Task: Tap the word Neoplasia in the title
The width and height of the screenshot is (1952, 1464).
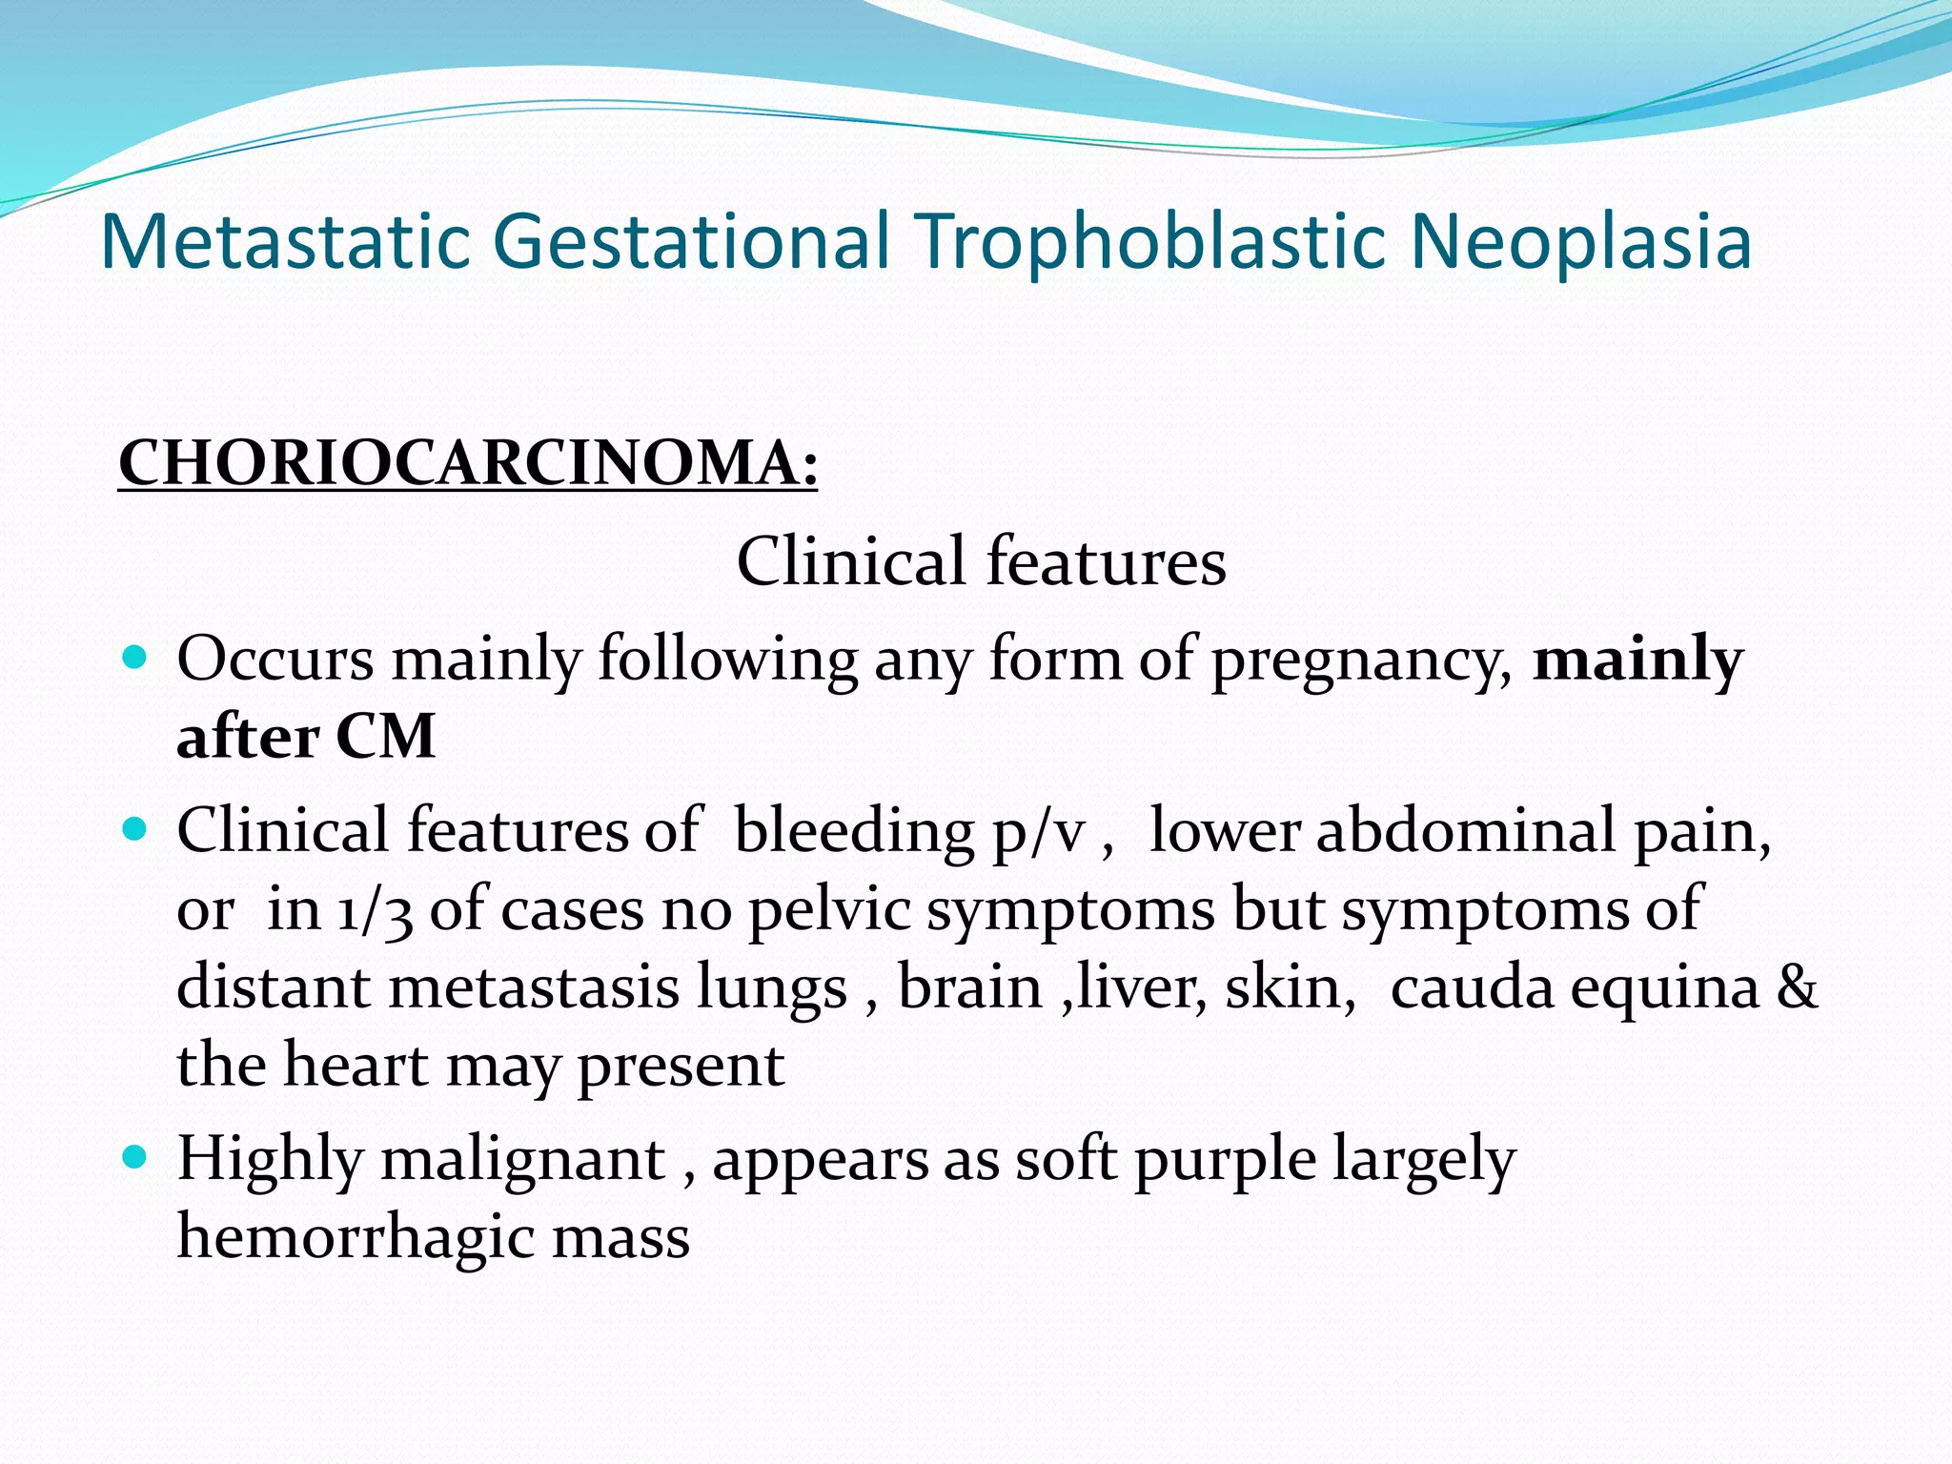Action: tap(1580, 242)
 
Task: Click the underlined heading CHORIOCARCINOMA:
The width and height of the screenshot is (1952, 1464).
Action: tap(468, 464)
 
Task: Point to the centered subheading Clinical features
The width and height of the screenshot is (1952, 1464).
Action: tap(981, 560)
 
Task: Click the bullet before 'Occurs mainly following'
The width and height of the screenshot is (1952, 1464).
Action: tap(136, 657)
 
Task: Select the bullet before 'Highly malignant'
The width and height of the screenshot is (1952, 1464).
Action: tap(136, 1157)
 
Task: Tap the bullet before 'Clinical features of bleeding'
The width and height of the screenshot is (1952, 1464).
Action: tap(136, 828)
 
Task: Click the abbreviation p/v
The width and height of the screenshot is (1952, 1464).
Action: tap(1038, 833)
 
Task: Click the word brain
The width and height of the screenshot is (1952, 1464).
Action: tap(969, 987)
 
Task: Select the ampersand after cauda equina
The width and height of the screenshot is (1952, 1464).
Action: tap(1797, 987)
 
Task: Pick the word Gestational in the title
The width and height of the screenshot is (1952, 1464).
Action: tap(694, 242)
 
